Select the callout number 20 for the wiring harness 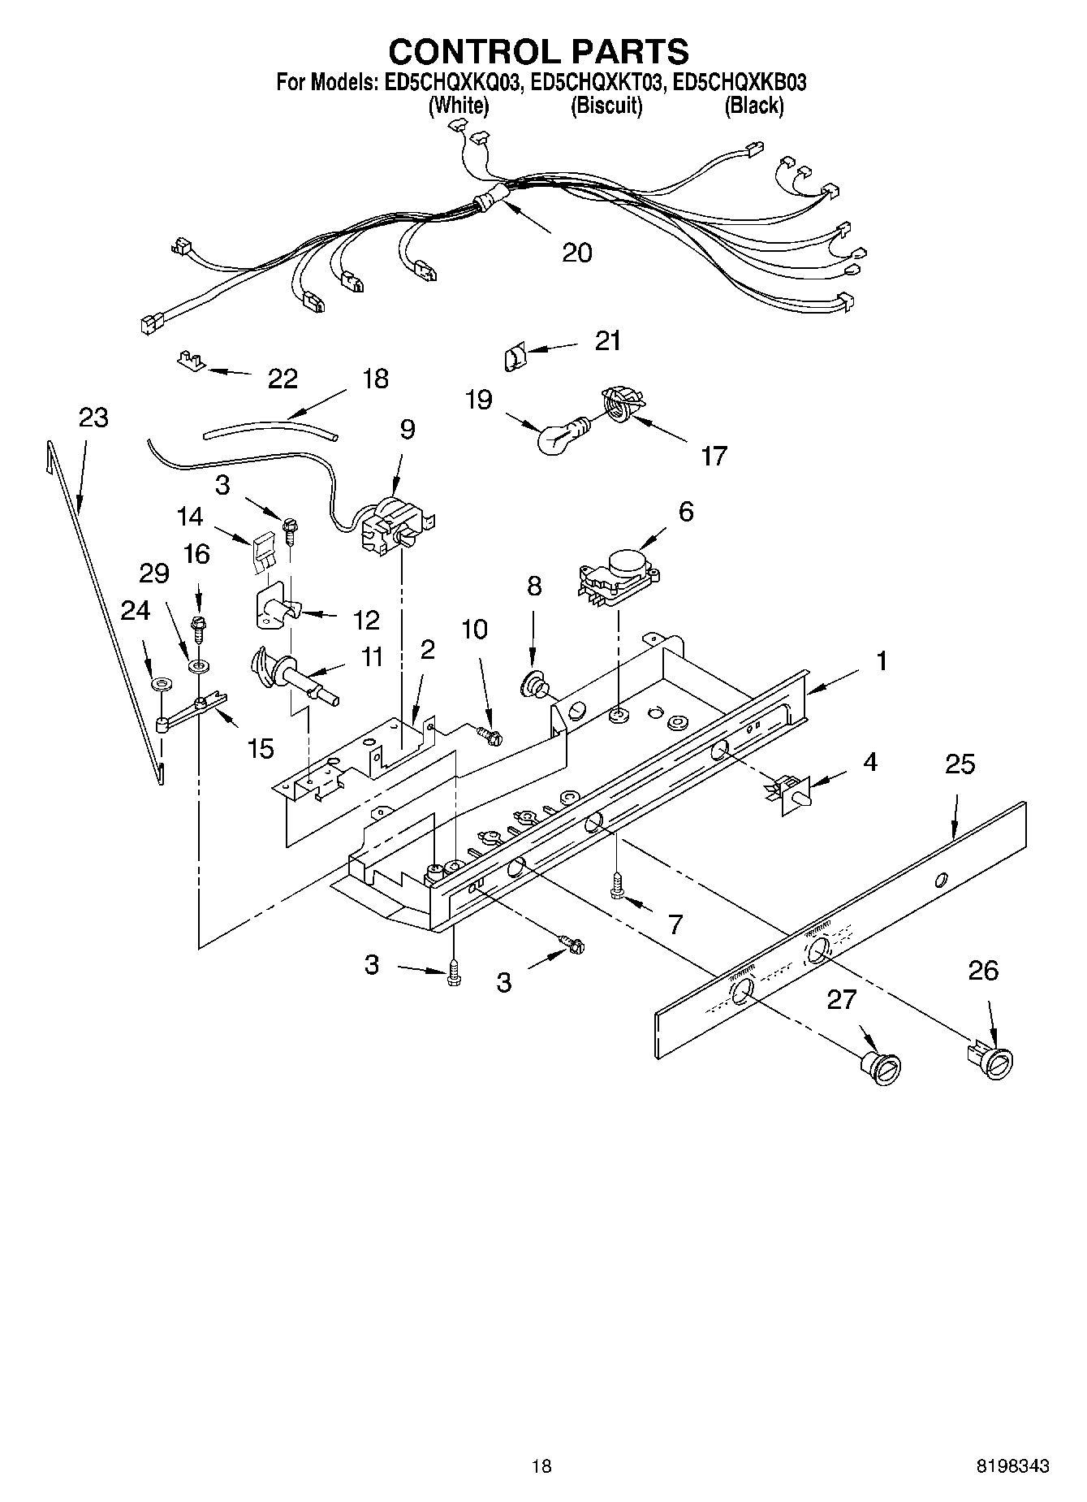point(577,253)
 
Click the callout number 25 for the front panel point(960,764)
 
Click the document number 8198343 point(1012,1466)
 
